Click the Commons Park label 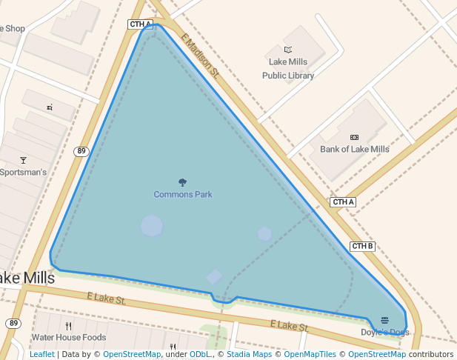(183, 195)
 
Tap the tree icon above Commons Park (183, 182)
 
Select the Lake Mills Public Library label (288, 69)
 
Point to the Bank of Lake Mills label (354, 150)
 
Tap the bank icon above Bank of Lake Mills (354, 137)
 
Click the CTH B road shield (363, 247)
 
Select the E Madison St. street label (200, 59)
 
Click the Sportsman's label (23, 173)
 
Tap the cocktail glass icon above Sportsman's (23, 160)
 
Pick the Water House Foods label (69, 337)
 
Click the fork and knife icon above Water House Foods (69, 325)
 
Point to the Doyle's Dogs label (384, 333)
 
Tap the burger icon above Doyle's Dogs (384, 320)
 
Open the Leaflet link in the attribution (41, 354)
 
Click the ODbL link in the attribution (200, 354)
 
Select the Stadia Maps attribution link (249, 354)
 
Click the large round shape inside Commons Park (152, 226)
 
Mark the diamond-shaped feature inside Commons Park (214, 277)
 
